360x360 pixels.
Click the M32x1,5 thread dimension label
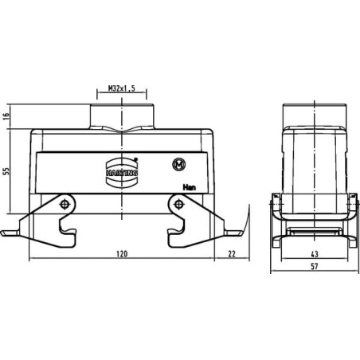(122, 88)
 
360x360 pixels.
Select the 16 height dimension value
(6, 116)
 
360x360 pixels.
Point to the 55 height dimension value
(6, 171)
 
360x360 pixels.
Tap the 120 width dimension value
(122, 254)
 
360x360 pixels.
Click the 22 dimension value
(232, 254)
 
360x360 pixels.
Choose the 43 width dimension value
(315, 254)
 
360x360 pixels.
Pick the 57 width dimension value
(315, 266)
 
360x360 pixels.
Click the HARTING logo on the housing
(122, 173)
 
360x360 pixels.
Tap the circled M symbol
(179, 165)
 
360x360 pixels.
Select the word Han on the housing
(190, 187)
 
